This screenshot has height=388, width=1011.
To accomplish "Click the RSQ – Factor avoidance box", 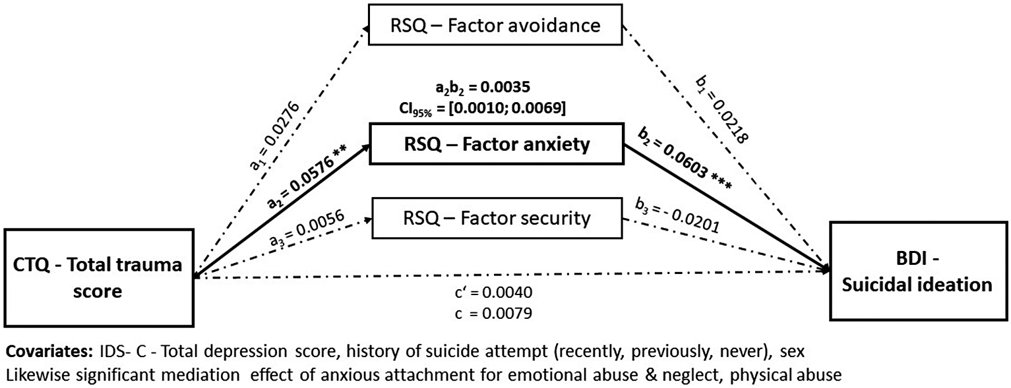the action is click(x=495, y=25).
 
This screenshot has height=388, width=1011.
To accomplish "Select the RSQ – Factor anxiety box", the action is click(x=497, y=144).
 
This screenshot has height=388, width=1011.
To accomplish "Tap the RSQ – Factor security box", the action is click(x=497, y=218).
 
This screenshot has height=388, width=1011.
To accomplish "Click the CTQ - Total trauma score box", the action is click(x=99, y=277).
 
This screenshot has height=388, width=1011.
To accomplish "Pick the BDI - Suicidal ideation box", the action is click(x=919, y=271).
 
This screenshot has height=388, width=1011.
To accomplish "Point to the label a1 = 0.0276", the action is click(x=275, y=136).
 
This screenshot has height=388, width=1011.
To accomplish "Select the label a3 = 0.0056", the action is click(x=307, y=227).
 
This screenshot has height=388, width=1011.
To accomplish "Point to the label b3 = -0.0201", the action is click(x=677, y=216).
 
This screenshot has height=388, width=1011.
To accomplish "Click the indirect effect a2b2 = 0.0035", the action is click(x=483, y=86).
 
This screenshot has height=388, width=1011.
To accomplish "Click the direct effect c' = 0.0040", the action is click(x=493, y=292).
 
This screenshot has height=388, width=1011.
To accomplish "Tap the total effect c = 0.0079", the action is click(x=493, y=313).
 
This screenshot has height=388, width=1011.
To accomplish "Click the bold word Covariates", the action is click(x=49, y=351).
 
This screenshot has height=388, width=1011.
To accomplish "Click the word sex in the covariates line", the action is click(x=791, y=352).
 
